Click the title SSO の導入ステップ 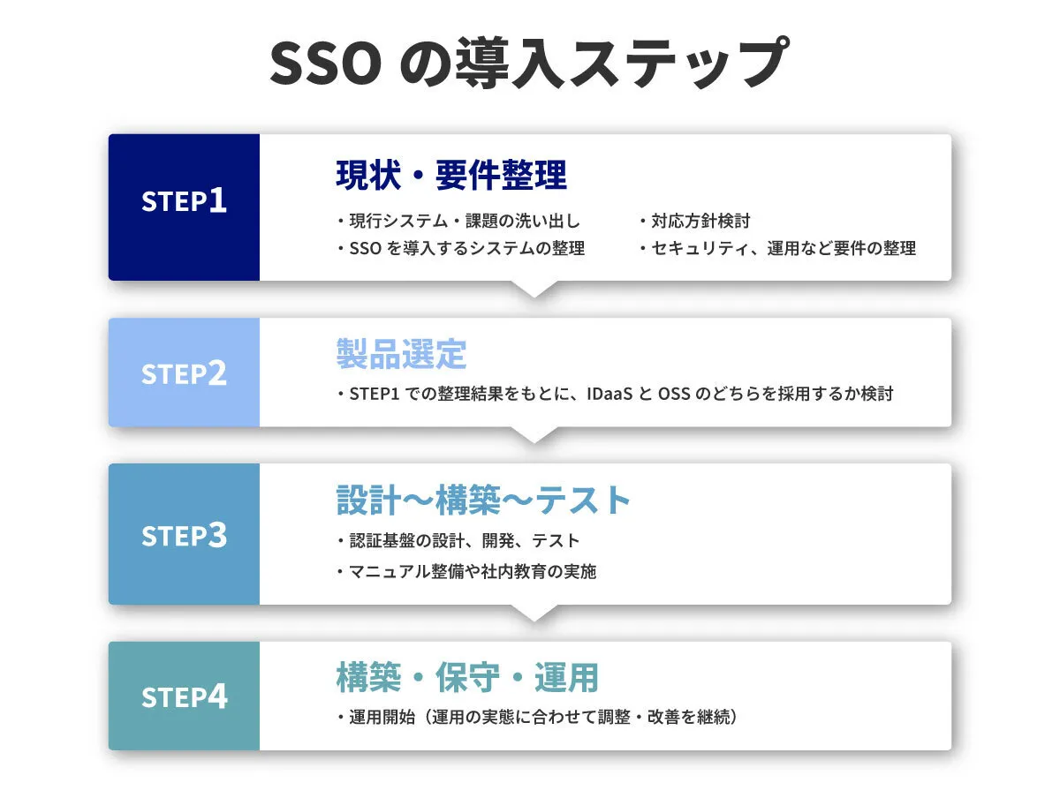click(529, 63)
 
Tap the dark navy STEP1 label click(184, 200)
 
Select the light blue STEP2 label click(184, 373)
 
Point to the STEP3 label click(184, 535)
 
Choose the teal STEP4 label click(184, 696)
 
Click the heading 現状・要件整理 click(451, 175)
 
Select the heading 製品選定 click(401, 354)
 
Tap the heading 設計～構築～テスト click(483, 500)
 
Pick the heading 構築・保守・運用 click(467, 677)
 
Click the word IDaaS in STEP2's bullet click(609, 395)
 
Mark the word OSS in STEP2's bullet click(674, 395)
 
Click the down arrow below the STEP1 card click(534, 289)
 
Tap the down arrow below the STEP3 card click(534, 613)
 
